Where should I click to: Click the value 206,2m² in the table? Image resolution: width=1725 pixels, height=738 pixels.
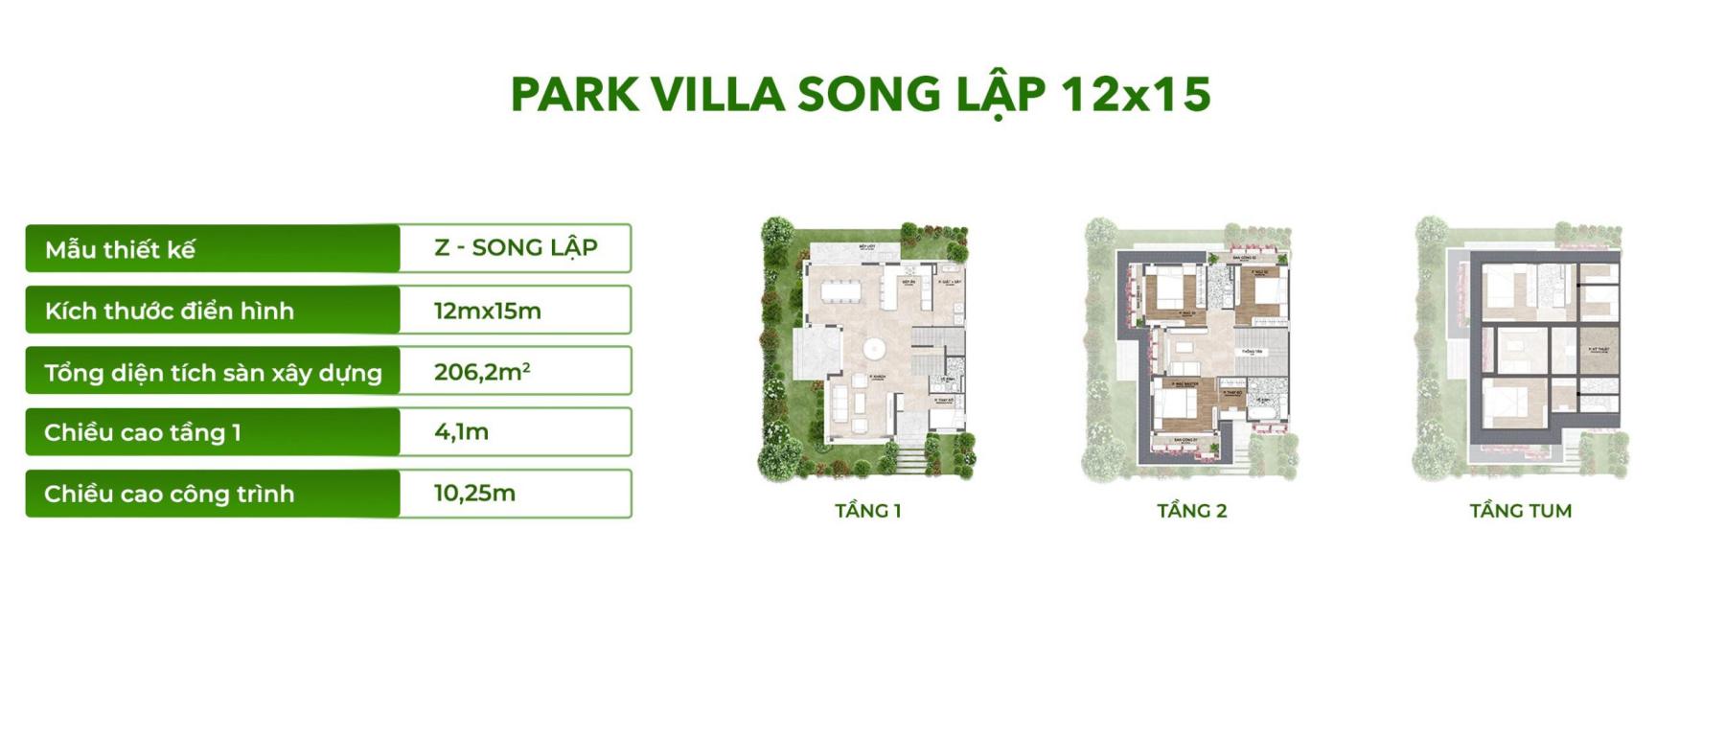pyautogui.click(x=482, y=372)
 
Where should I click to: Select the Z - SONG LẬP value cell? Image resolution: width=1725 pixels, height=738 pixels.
pyautogui.click(x=516, y=248)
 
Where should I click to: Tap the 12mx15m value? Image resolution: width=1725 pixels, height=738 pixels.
pyautogui.click(x=487, y=311)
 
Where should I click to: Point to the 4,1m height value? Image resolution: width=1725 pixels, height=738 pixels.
pyautogui.click(x=461, y=432)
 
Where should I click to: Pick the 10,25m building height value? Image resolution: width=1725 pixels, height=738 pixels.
pyautogui.click(x=474, y=494)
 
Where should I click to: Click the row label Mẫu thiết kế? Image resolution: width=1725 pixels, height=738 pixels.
pyautogui.click(x=120, y=250)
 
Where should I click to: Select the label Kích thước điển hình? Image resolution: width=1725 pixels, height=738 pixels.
pyautogui.click(x=169, y=311)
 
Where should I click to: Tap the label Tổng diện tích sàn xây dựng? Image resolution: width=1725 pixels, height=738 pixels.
pyautogui.click(x=213, y=373)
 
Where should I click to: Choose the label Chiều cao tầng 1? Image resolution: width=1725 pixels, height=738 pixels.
pyautogui.click(x=142, y=433)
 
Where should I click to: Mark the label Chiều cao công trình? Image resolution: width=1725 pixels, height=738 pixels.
pyautogui.click(x=169, y=495)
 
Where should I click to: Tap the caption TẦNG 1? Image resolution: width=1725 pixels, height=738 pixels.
pyautogui.click(x=868, y=511)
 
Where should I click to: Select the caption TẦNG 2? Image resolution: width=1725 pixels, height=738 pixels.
pyautogui.click(x=1191, y=511)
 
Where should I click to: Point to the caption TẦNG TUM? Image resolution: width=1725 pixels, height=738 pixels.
pyautogui.click(x=1521, y=511)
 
